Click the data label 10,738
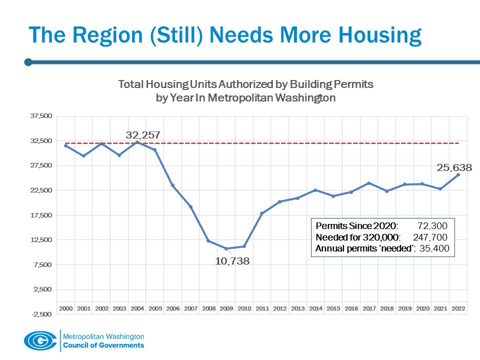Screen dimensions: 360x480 pyautogui.click(x=232, y=261)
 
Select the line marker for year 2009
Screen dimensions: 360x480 pyautogui.click(x=226, y=248)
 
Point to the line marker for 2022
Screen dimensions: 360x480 pyautogui.click(x=458, y=174)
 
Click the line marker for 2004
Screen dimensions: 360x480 pyautogui.click(x=137, y=142)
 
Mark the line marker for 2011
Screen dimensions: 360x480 pyautogui.click(x=261, y=213)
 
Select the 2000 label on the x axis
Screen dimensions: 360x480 pyautogui.click(x=66, y=308)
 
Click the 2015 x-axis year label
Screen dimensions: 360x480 pyautogui.click(x=333, y=308)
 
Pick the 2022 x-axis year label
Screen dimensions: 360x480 pyautogui.click(x=458, y=308)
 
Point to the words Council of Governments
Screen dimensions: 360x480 pyautogui.click(x=103, y=345)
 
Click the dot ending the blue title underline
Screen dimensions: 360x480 pyautogui.click(x=28, y=62)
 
